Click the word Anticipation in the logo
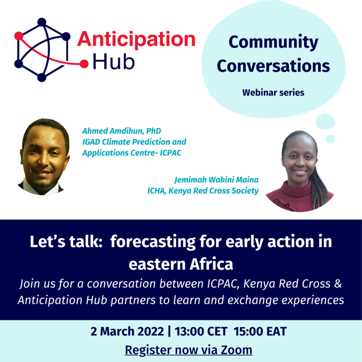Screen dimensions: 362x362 [137, 39]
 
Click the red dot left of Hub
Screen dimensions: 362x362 [84, 64]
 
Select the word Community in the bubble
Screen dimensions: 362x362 [273, 43]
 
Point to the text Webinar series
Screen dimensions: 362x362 [273, 93]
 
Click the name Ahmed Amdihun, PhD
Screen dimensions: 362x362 [122, 131]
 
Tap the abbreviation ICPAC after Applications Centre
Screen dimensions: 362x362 [171, 153]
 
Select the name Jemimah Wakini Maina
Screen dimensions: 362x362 [216, 180]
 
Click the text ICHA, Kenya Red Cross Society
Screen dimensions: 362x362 [203, 191]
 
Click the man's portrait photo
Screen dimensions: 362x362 [43, 157]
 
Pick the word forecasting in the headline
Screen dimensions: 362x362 [153, 242]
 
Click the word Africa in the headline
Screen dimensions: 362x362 [211, 264]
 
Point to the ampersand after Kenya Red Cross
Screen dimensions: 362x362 [338, 284]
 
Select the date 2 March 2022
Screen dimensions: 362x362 [127, 331]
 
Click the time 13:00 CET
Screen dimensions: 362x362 [201, 331]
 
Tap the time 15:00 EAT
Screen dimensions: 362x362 [260, 331]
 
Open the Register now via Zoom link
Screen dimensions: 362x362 [188, 350]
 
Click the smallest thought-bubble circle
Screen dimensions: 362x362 [330, 139]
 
